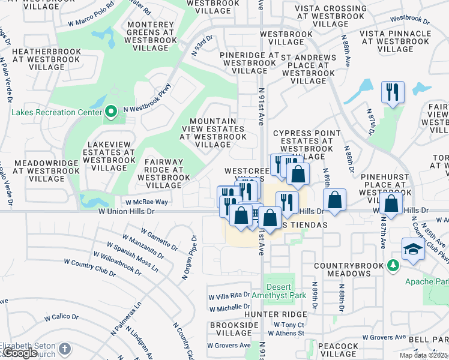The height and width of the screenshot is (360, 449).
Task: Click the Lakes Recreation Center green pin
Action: [x=110, y=111]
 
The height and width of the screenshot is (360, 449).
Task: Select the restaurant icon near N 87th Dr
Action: [x=393, y=92]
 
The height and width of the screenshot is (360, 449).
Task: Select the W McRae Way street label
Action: [x=146, y=203]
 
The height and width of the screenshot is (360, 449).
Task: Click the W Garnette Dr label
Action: [x=159, y=239]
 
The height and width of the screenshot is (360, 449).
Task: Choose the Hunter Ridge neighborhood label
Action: [x=276, y=314]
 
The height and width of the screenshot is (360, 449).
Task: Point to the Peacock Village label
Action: [x=338, y=350]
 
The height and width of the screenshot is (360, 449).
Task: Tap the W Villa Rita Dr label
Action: [x=229, y=295]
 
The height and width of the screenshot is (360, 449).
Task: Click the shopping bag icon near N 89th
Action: [x=335, y=200]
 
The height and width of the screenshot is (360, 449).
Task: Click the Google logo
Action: [x=20, y=353]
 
